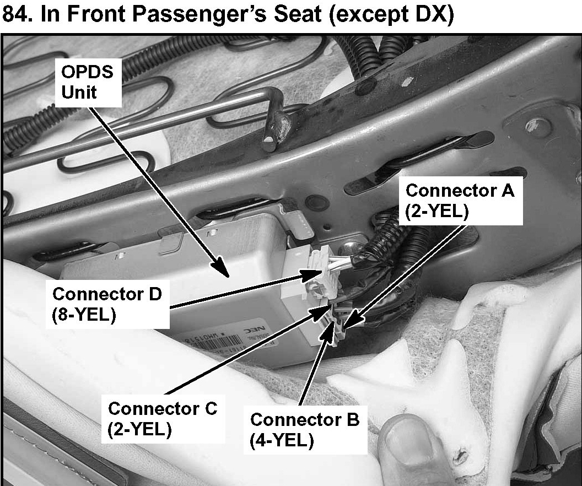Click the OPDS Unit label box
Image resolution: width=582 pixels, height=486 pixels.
[x=89, y=83]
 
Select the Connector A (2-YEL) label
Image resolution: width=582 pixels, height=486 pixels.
[x=460, y=201]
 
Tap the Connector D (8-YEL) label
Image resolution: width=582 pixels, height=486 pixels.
[x=107, y=304]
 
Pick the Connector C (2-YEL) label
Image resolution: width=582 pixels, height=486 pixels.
[x=163, y=419]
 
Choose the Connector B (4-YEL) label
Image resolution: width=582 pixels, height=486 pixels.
[x=305, y=430]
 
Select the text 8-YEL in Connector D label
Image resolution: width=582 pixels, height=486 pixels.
[x=84, y=315]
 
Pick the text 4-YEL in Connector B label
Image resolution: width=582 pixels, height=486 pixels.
[x=282, y=441]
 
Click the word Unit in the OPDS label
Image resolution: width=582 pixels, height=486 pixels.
[x=79, y=93]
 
